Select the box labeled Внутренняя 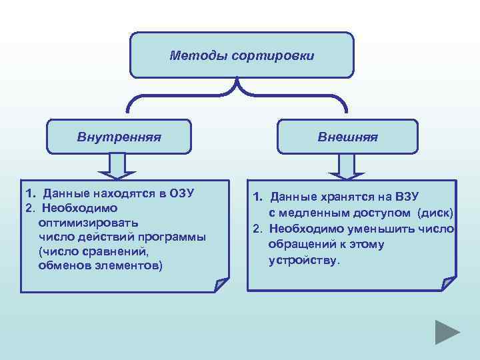(119, 137)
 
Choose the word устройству (303, 260)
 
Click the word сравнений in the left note (128, 252)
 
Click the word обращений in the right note (299, 244)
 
